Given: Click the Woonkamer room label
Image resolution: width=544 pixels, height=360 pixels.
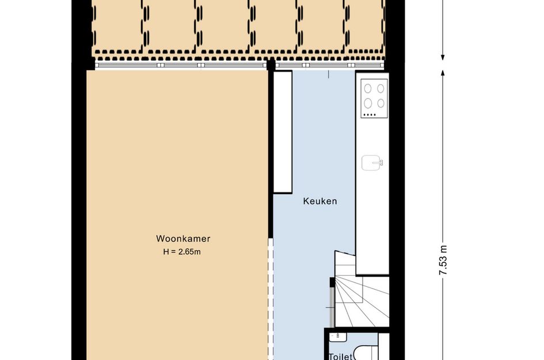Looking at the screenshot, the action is tap(183, 239).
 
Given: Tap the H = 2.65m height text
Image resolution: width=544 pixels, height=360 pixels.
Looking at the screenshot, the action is tap(182, 252).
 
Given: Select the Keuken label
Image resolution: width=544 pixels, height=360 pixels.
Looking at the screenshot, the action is tap(320, 202).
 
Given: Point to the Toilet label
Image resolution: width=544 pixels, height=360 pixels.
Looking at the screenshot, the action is tap(340, 357).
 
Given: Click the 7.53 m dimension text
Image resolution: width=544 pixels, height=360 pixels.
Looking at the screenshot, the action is tap(443, 260).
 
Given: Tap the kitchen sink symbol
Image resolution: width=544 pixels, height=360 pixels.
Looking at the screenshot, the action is tap(372, 162).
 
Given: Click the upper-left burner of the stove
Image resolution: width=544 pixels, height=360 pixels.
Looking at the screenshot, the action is tap(368, 89).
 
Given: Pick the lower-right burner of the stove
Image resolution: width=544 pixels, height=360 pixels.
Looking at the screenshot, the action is tap(381, 103).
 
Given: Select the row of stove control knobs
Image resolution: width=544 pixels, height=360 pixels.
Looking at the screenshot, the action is tap(370, 115).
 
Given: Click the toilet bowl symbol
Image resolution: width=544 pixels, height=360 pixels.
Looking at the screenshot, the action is tap(367, 353).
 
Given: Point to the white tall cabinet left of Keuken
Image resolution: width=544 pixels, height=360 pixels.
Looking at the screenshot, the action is tap(283, 132).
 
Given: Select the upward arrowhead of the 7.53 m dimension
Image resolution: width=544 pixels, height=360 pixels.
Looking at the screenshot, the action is tap(443, 73).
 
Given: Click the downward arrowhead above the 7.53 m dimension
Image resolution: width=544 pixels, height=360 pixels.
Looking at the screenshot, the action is tap(443, 57).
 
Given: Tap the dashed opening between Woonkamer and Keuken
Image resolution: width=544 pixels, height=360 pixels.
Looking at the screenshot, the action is tap(271, 298).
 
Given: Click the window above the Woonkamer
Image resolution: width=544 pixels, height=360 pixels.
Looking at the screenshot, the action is tap(181, 65).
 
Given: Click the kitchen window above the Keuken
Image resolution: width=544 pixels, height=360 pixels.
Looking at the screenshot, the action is tap(330, 65).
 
